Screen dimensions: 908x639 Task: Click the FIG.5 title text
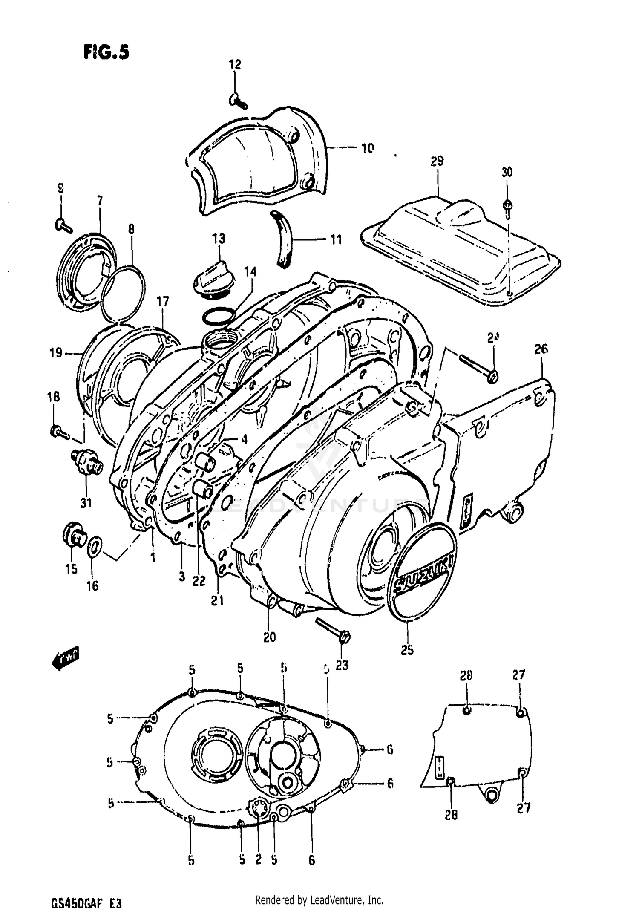coord(106,52)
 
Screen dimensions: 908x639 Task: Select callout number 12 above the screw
coord(235,64)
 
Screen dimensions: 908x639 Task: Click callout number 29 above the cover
coord(437,161)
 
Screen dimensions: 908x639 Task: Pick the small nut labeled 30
coord(507,205)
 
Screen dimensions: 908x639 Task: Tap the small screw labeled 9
coord(63,225)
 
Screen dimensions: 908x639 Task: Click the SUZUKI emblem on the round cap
coord(423,571)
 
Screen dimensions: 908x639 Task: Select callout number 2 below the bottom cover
coord(258,860)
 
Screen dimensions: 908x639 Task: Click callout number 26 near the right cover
coord(541,349)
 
